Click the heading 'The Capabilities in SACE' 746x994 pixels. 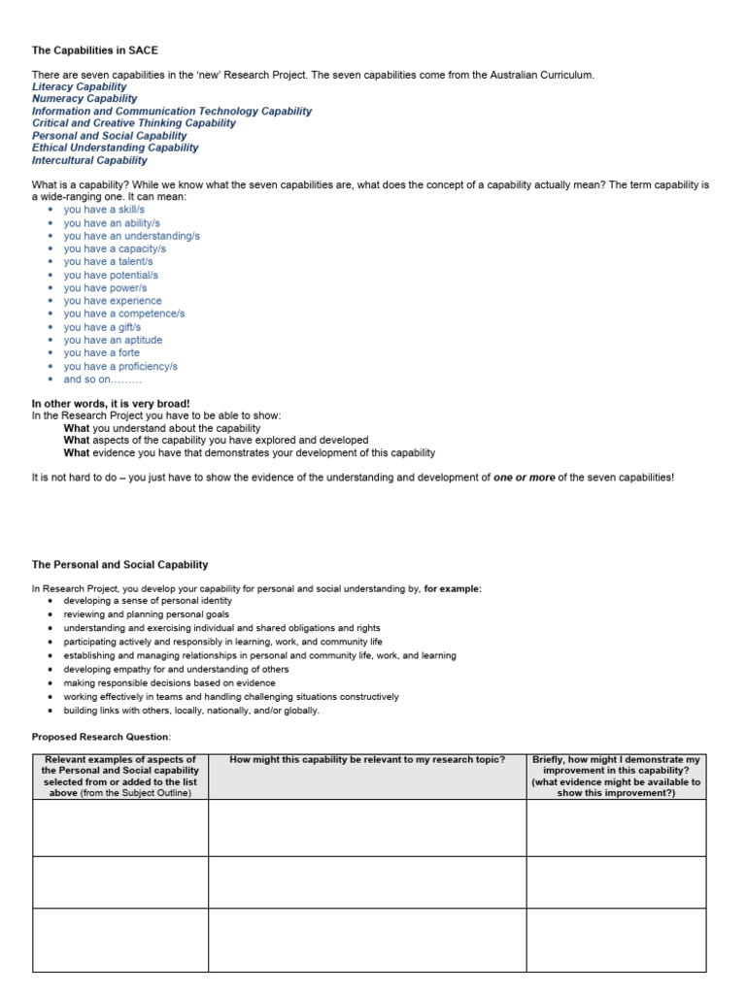pyautogui.click(x=94, y=50)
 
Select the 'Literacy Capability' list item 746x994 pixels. pyautogui.click(x=79, y=86)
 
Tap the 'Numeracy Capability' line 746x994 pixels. pyautogui.click(x=85, y=99)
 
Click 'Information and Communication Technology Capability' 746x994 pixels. pyautogui.click(x=172, y=111)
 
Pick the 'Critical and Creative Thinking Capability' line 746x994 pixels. pyautogui.click(x=134, y=123)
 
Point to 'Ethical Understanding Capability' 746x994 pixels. pyautogui.click(x=115, y=148)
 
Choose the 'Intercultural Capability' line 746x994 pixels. pyautogui.click(x=89, y=160)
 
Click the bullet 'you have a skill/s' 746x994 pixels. pyautogui.click(x=104, y=209)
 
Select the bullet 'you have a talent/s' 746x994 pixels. pyautogui.click(x=108, y=261)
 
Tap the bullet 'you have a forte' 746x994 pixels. pyautogui.click(x=101, y=353)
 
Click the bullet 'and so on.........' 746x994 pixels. pyautogui.click(x=103, y=380)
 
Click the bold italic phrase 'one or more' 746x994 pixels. pyautogui.click(x=524, y=478)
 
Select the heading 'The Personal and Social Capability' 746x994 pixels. pyautogui.click(x=119, y=564)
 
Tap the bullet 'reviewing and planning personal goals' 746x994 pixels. pyautogui.click(x=146, y=614)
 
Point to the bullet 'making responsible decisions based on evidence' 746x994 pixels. pyautogui.click(x=169, y=682)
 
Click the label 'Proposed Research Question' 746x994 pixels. pyautogui.click(x=100, y=737)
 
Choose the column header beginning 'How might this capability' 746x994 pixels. pyautogui.click(x=367, y=759)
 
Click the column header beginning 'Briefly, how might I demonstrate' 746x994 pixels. pyautogui.click(x=616, y=776)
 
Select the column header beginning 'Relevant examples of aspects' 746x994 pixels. pyautogui.click(x=120, y=776)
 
